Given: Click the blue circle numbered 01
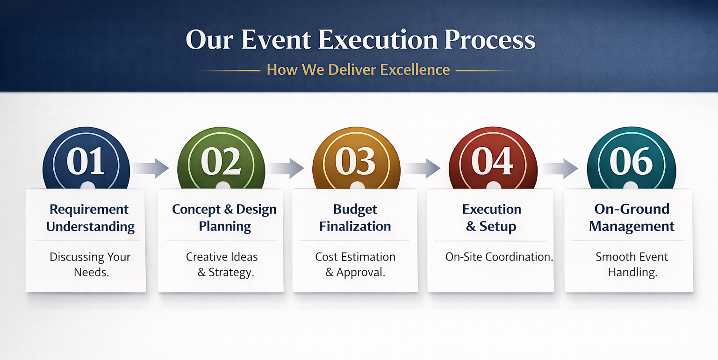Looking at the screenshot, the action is click(86, 158).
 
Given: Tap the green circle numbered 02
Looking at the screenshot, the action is click(221, 158).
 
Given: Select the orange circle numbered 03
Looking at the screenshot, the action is click(356, 158).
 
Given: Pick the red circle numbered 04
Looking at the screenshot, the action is click(493, 158).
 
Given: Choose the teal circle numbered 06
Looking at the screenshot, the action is click(632, 158).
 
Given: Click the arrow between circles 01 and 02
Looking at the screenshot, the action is click(151, 168).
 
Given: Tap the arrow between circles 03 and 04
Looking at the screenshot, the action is click(422, 168).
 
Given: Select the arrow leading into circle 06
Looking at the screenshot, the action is click(560, 168).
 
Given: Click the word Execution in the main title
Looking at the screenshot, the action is click(378, 40).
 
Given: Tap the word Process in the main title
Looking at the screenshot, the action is click(490, 40).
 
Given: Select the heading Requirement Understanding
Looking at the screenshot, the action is click(90, 218).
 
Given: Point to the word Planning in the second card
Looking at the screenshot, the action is click(225, 226).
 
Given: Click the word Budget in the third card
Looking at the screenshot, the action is click(355, 209).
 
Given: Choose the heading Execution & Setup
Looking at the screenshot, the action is click(491, 218).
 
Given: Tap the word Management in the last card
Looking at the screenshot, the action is click(632, 226).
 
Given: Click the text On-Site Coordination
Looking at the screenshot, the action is click(499, 257).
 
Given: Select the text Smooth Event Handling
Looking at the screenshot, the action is click(632, 265).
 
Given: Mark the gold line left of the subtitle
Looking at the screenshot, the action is click(228, 70).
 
